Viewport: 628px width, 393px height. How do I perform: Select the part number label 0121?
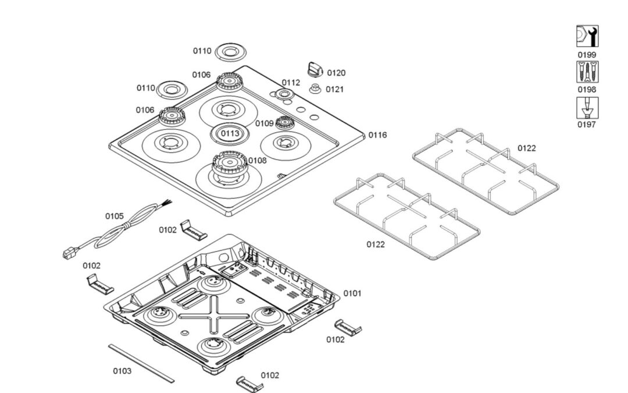coord(334,89)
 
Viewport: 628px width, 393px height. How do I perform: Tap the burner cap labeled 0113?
coord(229,133)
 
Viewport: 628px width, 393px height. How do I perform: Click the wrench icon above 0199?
coord(587,37)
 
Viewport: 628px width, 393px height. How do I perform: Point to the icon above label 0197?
coord(587,108)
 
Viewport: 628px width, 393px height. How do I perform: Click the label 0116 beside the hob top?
coord(377,135)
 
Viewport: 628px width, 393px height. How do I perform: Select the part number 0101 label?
coord(352,293)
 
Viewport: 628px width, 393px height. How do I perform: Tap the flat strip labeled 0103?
coord(141,363)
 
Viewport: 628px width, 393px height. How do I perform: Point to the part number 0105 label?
coord(115,216)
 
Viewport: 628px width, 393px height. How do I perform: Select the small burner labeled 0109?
coord(284,123)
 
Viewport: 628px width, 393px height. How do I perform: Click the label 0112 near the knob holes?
coord(291,83)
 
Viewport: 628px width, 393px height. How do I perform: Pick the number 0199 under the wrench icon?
coord(587,55)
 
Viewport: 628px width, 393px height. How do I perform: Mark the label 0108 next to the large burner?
coord(257,161)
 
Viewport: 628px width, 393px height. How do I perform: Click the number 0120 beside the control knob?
coord(336,73)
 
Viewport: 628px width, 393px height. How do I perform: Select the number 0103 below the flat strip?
coord(122,371)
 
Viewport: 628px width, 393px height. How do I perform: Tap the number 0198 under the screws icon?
coord(587,90)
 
